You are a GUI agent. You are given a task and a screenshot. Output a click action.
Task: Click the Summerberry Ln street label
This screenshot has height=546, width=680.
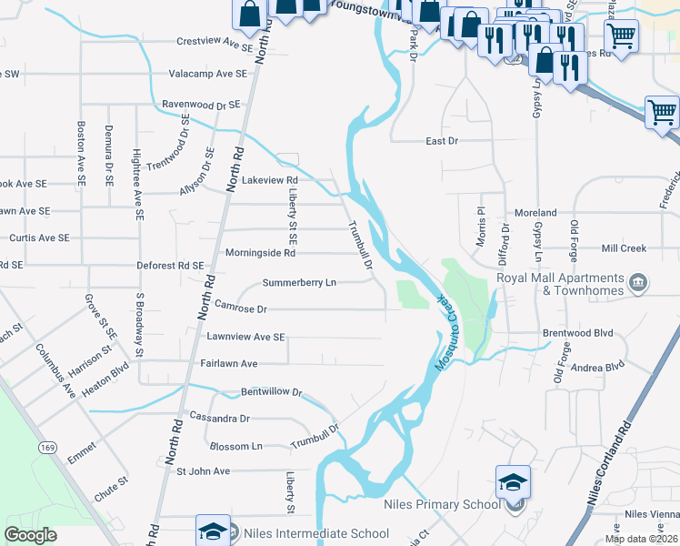coord(299,283)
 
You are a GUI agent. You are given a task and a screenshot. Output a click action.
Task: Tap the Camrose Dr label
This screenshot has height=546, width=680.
coord(241,309)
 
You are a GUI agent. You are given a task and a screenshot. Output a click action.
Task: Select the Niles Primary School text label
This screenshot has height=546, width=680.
coord(442,504)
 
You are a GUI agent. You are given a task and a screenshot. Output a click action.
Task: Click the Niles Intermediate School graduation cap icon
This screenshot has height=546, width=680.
coord(213,531)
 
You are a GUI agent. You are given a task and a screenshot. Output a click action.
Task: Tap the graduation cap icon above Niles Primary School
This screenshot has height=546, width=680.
coord(513,480)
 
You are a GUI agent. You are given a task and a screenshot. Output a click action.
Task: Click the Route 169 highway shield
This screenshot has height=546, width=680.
coord(48,447)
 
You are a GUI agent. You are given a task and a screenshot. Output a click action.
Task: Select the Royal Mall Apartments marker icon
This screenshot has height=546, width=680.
coord(638,283)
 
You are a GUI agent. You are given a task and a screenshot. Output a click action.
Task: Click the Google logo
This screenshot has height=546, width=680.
coord(31,534)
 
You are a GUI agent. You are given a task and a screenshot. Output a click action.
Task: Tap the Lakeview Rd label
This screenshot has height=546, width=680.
coord(271,180)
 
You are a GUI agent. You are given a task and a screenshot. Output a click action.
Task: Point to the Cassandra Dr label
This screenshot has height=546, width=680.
coord(219,418)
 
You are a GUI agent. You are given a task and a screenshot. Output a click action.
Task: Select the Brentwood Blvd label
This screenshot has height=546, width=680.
coord(579,333)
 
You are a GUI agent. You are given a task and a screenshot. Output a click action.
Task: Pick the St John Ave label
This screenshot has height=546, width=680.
coord(203,471)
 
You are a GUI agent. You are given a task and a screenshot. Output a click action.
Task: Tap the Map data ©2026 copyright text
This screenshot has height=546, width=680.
coord(641,539)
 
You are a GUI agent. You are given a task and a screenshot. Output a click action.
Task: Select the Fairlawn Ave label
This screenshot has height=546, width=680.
coord(229,363)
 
